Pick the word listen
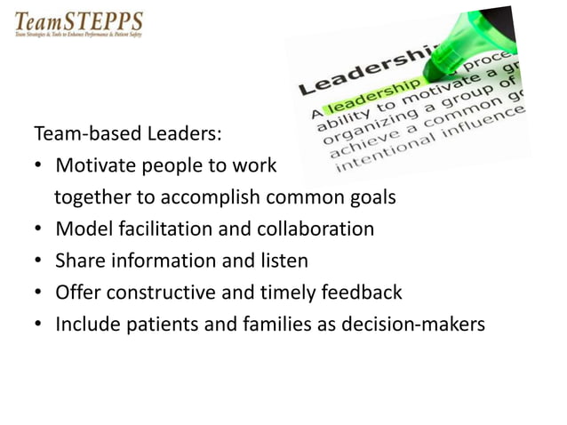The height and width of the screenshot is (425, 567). pyautogui.click(x=281, y=261)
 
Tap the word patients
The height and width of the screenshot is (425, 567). pyautogui.click(x=158, y=324)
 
